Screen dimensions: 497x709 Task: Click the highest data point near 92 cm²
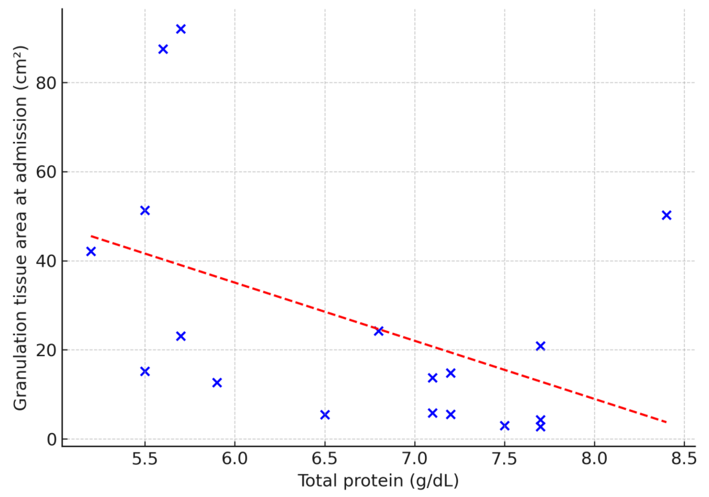[x=181, y=29]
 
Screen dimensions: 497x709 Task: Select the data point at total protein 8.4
[x=666, y=215]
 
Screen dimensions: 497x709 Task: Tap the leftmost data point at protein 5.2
[x=91, y=251]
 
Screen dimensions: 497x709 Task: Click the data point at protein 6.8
[x=379, y=331]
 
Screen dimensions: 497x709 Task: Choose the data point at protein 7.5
[x=504, y=426]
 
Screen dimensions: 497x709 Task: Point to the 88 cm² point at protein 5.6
[x=163, y=49]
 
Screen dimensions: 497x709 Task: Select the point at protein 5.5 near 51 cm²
[x=145, y=211]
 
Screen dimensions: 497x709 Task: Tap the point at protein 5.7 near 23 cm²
[x=181, y=336]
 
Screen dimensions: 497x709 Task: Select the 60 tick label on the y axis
[x=46, y=172]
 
